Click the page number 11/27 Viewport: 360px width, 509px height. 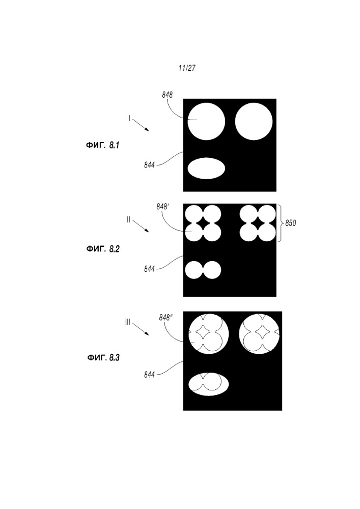187,68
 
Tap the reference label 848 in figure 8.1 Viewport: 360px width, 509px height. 167,95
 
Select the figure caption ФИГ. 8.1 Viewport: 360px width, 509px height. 102,145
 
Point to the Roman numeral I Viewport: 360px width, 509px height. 129,119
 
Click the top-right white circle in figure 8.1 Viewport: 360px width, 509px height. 254,122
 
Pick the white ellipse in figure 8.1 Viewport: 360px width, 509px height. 206,168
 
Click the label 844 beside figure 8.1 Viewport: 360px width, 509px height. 149,165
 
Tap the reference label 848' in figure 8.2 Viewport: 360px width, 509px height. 162,207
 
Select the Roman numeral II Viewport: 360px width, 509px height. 128,220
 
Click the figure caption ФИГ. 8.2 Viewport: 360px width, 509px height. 102,249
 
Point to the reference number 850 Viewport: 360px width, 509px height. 291,223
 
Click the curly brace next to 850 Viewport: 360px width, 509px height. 281,223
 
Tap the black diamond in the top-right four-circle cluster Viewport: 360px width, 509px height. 258,223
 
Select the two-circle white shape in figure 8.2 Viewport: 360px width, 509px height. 203,270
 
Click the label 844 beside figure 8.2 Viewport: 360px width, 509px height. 149,269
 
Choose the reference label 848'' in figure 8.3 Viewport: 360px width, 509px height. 165,318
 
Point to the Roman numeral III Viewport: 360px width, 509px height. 128,322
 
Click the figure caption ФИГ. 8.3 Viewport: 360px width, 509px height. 103,358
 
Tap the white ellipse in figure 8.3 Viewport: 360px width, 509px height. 209,384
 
